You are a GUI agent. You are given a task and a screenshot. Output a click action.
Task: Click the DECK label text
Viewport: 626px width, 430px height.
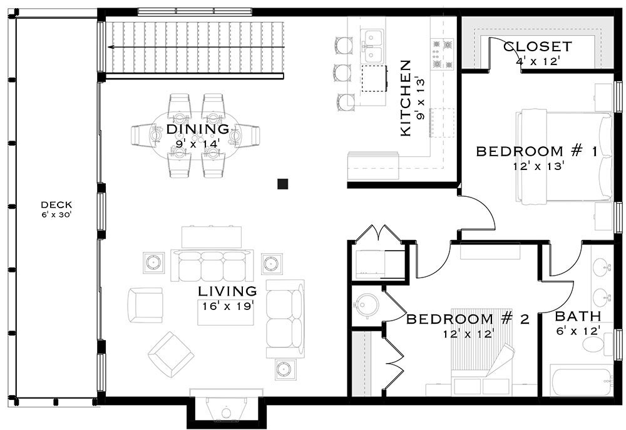click(56, 204)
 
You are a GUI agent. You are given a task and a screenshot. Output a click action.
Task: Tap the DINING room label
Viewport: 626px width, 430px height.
click(198, 129)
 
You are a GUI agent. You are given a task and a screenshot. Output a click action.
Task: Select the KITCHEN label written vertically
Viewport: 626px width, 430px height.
click(405, 98)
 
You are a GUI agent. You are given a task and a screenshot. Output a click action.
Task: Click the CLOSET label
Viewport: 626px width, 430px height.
click(537, 47)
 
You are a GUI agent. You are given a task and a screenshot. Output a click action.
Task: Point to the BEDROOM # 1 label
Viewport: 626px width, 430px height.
click(536, 151)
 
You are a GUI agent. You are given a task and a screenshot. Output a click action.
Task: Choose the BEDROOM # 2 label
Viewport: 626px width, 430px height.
click(468, 319)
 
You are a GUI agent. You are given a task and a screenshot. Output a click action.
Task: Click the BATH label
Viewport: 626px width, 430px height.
click(578, 316)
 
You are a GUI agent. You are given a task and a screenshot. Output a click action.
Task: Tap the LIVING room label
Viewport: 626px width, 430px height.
click(227, 291)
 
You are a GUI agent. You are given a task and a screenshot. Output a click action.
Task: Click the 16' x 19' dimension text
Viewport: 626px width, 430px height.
click(227, 306)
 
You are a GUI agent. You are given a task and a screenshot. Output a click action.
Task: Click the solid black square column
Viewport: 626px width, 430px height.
click(283, 183)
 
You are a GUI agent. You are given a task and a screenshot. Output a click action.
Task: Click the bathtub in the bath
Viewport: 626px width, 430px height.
click(582, 381)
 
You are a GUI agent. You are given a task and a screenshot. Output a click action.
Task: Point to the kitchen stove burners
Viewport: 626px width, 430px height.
click(441, 54)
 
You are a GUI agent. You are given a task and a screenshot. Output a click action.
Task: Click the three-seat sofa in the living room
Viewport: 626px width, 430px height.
click(213, 265)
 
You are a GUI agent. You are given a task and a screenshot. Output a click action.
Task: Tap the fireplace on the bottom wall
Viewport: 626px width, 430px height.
click(226, 409)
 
